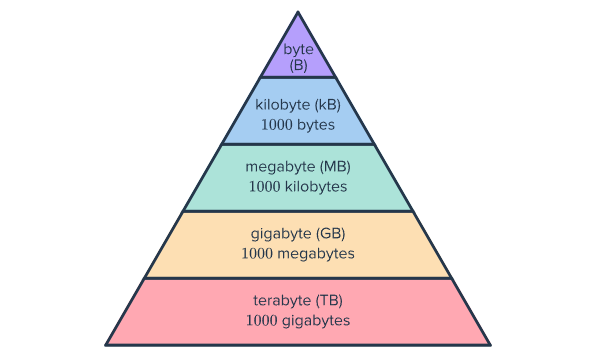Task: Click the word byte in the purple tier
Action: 298,50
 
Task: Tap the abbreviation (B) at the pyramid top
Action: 298,65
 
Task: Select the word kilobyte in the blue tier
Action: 282,105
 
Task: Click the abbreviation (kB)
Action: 328,105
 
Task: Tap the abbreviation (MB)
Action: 335,167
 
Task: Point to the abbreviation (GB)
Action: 330,234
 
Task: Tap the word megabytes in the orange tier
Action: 316,254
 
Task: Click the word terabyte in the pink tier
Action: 282,301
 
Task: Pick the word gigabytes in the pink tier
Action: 316,321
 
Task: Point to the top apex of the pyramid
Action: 298,12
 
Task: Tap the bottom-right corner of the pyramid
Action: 490,345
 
